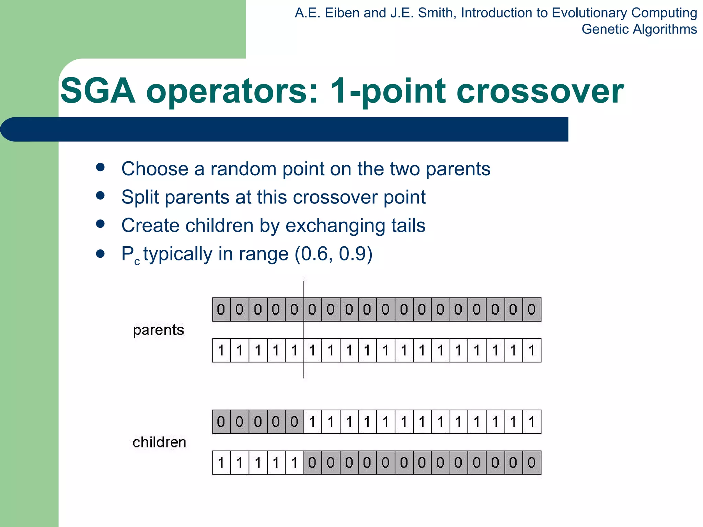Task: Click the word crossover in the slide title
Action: click(539, 91)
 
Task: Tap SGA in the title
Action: click(97, 91)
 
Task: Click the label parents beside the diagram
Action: click(158, 330)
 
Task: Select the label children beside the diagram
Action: click(159, 442)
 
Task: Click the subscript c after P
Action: click(137, 262)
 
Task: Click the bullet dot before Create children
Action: click(100, 224)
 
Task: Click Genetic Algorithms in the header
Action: click(639, 29)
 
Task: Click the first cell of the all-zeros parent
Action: click(221, 309)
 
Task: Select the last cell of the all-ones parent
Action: click(532, 350)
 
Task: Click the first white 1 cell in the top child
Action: click(312, 422)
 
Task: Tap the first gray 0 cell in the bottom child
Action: click(312, 462)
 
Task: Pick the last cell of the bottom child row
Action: click(532, 462)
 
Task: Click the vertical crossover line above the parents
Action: click(304, 289)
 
